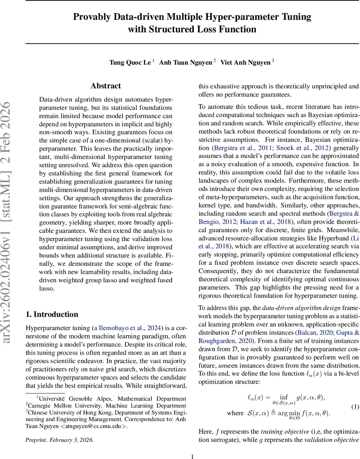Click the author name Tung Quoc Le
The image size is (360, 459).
click(x=130, y=62)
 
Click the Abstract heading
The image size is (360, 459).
click(x=106, y=86)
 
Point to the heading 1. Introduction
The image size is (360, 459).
click(x=52, y=304)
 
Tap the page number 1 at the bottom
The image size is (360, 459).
click(x=193, y=456)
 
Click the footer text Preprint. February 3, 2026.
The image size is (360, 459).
click(x=59, y=440)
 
